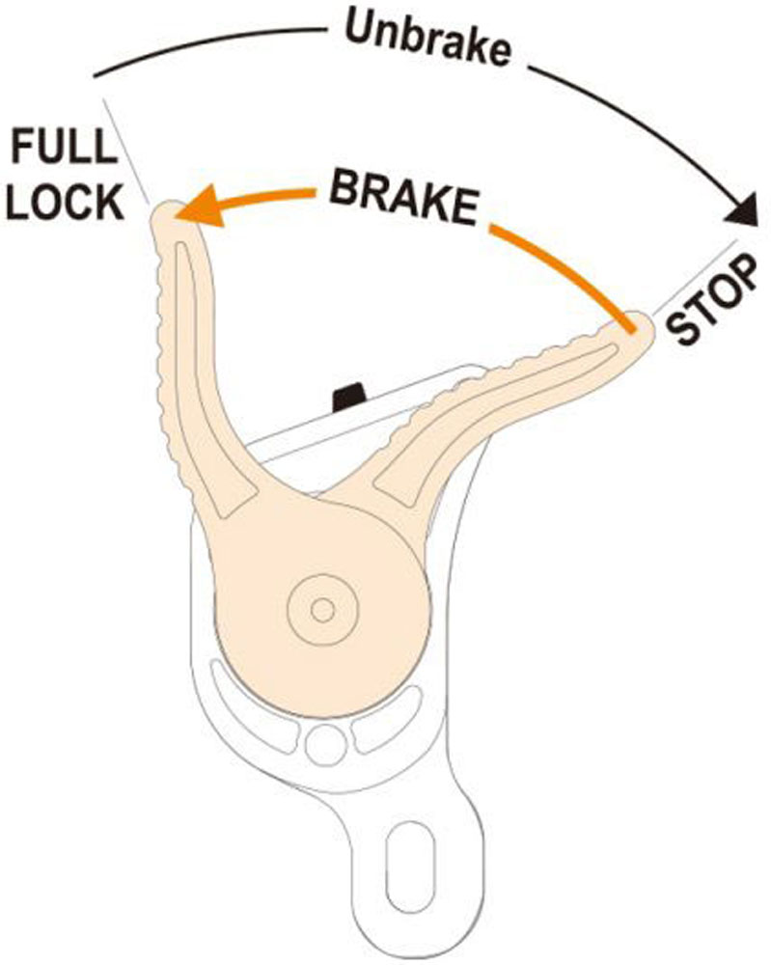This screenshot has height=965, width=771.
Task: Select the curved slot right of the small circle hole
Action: tap(390, 728)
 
